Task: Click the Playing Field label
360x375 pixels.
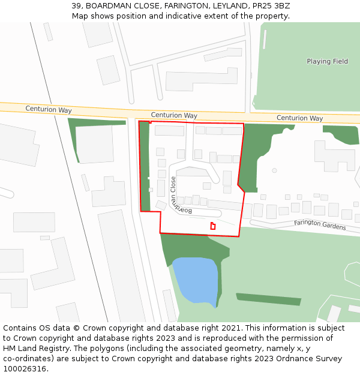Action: (327, 61)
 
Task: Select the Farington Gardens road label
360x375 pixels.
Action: (320, 225)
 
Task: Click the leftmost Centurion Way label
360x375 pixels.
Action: (49, 110)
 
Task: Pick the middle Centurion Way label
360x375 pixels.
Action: (174, 115)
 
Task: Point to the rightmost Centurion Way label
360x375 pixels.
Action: (299, 118)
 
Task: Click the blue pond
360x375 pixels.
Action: (196, 279)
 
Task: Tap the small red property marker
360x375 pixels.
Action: (212, 226)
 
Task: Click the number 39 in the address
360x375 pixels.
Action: (76, 6)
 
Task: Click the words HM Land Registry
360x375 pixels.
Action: (33, 348)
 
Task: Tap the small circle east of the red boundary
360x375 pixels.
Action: (274, 170)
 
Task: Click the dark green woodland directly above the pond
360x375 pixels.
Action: (186, 246)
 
